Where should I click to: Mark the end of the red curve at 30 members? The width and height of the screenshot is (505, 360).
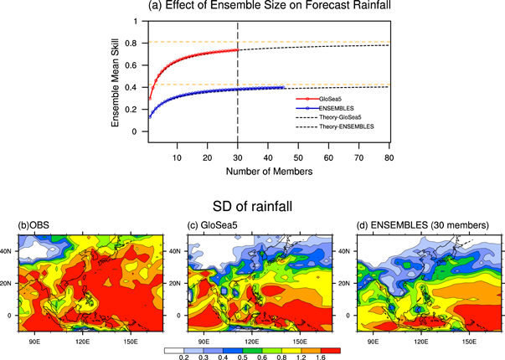coord(239,50)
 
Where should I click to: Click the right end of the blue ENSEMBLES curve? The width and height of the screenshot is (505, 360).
coord(285,87)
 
